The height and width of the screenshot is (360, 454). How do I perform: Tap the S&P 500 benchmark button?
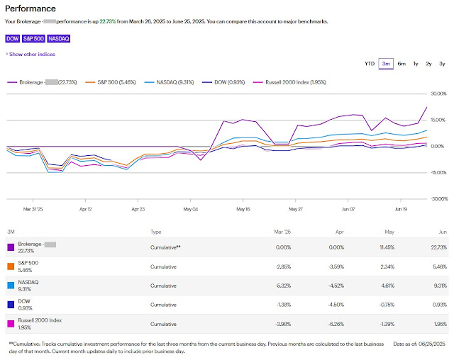tap(33, 38)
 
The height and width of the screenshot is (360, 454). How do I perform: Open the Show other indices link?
tap(32, 54)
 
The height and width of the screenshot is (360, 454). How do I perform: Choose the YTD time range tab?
tap(370, 64)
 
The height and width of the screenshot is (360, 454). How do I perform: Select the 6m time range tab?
tap(402, 64)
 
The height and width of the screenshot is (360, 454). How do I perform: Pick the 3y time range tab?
tap(442, 64)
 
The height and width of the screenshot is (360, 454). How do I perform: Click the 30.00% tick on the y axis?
tap(439, 94)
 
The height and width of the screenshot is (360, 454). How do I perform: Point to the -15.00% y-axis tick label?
tap(438, 173)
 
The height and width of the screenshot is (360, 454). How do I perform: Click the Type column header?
tap(156, 232)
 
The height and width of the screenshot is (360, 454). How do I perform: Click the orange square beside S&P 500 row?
tap(10, 266)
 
